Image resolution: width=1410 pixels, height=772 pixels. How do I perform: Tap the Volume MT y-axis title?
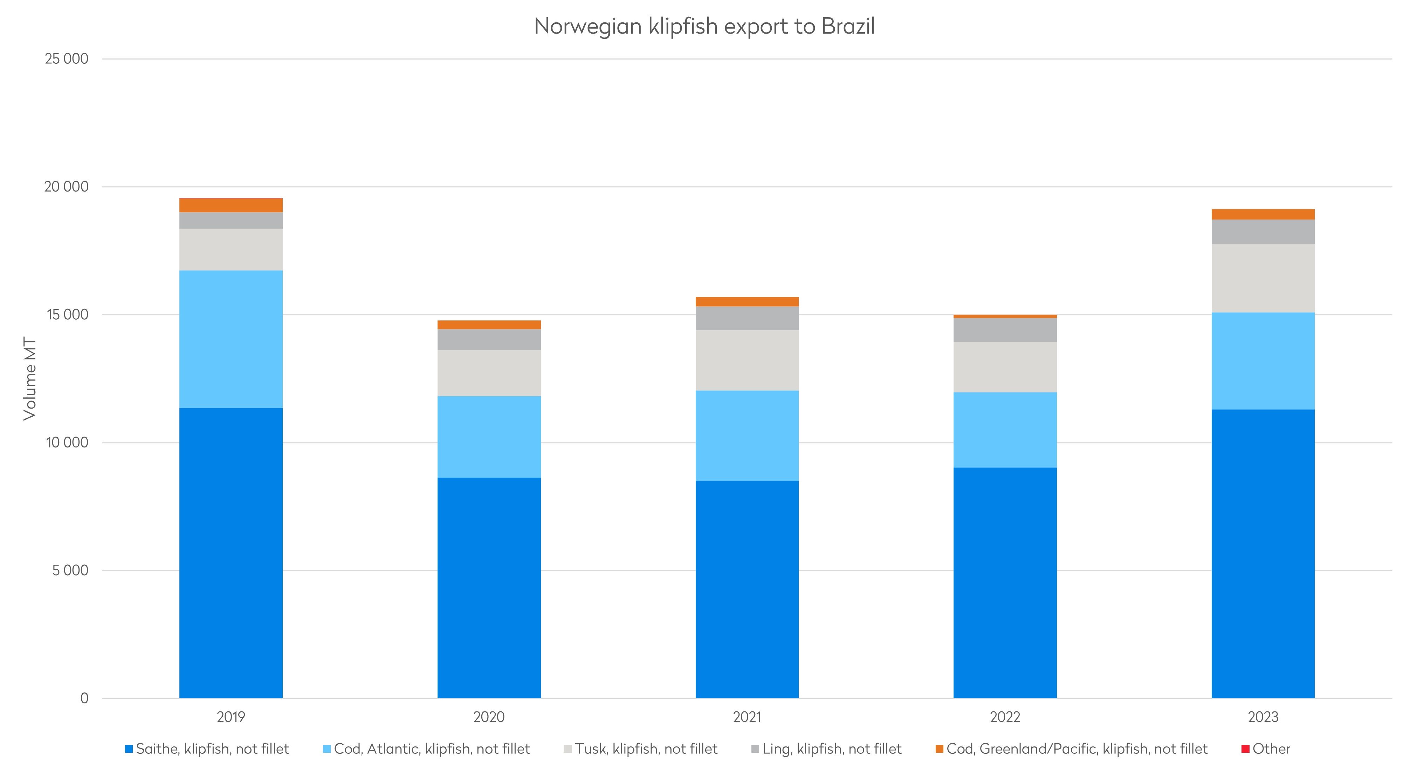coord(30,378)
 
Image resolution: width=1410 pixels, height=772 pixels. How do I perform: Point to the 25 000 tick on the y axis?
coord(66,59)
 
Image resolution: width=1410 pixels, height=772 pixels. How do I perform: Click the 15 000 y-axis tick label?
coord(66,315)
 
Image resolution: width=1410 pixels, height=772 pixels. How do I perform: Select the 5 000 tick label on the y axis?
coord(70,571)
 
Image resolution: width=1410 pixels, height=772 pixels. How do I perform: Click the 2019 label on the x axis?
coord(231,717)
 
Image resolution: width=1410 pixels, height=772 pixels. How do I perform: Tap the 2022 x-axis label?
coord(1005,717)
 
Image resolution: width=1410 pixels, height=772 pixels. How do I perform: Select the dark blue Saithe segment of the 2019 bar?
coord(231,552)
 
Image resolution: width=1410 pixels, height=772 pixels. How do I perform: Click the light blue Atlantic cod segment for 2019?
coord(231,339)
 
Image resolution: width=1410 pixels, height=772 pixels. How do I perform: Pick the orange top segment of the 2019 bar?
coord(231,205)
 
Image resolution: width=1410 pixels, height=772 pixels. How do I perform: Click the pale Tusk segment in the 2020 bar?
coord(489,373)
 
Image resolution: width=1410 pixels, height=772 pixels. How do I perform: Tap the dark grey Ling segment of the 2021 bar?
coord(747,319)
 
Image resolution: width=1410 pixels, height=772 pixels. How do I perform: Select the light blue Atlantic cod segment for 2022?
coord(1005,430)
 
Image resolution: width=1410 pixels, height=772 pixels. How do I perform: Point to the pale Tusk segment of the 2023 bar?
coord(1263,278)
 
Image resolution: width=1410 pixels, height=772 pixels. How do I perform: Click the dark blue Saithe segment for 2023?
coord(1263,554)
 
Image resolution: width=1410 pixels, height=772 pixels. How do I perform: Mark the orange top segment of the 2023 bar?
coord(1263,215)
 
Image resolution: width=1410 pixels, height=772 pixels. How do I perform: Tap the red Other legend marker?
coord(1245,749)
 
